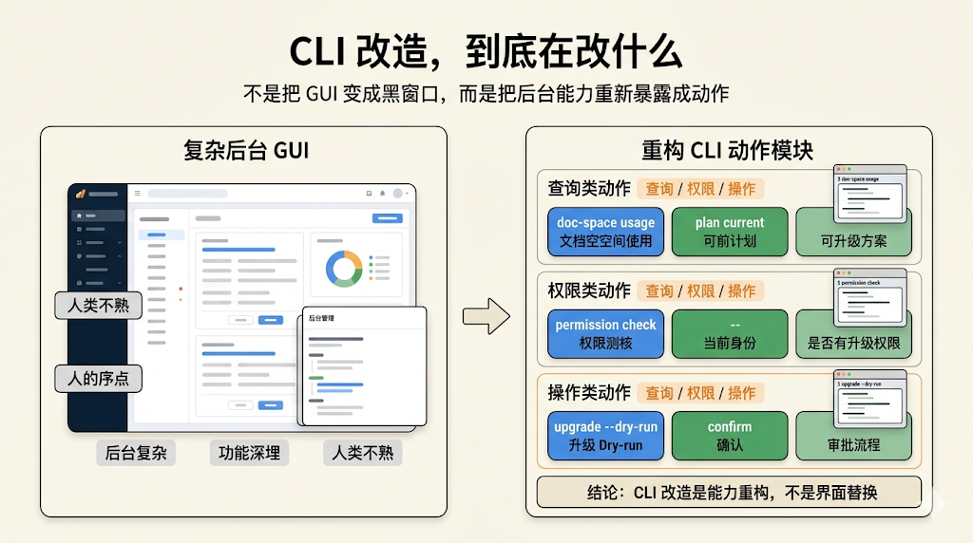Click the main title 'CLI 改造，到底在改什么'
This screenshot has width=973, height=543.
(486, 51)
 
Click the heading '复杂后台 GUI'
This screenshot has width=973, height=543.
(246, 150)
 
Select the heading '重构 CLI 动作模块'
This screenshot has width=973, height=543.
(728, 150)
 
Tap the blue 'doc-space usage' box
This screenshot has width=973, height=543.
(605, 232)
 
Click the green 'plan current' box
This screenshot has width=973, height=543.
(729, 232)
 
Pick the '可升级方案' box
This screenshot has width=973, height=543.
(853, 239)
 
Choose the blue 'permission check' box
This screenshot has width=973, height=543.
(605, 334)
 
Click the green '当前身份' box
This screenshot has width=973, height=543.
(729, 334)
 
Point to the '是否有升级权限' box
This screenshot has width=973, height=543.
(853, 342)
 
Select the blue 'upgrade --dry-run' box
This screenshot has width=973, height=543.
(605, 436)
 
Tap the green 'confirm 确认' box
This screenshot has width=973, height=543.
(729, 436)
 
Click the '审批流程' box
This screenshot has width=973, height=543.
(853, 443)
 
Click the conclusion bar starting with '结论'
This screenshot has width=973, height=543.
(729, 493)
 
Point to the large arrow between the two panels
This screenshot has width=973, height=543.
(486, 316)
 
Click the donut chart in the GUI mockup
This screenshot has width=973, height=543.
(343, 268)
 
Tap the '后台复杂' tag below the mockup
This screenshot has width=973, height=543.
(136, 453)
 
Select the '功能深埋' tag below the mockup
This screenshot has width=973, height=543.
(249, 453)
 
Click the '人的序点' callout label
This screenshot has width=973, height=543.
(98, 379)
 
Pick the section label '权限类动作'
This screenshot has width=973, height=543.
(588, 290)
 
